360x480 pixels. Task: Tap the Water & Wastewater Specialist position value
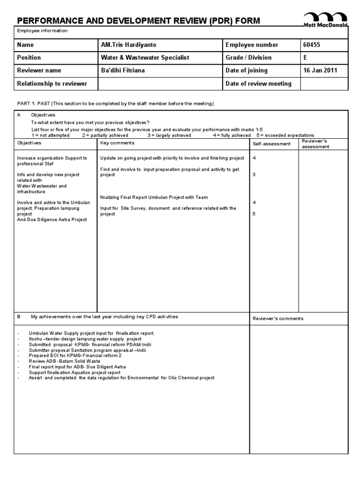coord(145,58)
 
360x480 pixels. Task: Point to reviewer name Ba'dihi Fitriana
coord(123,70)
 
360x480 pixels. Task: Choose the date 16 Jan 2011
coord(320,70)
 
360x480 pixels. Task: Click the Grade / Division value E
coord(306,58)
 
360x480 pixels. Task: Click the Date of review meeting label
coord(258,83)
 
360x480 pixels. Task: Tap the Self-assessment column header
coord(271,144)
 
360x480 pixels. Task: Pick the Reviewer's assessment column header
coord(316,143)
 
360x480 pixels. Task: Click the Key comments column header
coord(118,142)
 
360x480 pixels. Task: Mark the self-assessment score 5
coord(254,214)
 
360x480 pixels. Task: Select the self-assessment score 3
coord(254,174)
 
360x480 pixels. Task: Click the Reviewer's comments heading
coord(278,318)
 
